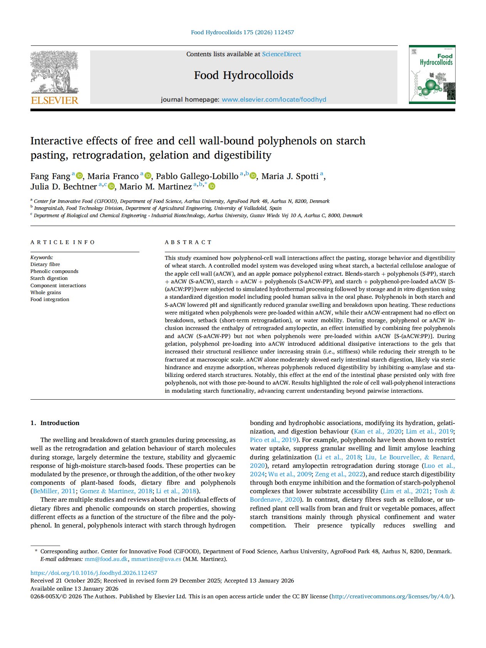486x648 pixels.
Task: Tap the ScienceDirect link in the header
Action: (x=282, y=54)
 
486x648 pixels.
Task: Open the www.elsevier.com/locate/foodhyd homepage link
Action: (x=274, y=99)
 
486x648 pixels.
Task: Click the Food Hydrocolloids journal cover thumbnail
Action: (x=432, y=75)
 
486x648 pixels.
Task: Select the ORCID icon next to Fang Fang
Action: (x=79, y=176)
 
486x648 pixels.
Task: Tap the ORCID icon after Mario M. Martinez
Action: (x=212, y=187)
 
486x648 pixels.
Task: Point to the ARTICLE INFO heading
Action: (x=63, y=242)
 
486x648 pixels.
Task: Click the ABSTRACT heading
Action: (x=188, y=242)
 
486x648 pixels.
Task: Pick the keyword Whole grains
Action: (x=45, y=293)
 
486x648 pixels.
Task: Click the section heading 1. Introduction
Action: (x=55, y=423)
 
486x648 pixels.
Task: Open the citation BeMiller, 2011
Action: (x=54, y=491)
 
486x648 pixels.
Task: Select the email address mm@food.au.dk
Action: (x=106, y=559)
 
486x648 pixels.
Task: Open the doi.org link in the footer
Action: (x=94, y=573)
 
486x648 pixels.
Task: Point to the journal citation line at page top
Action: (x=242, y=32)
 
